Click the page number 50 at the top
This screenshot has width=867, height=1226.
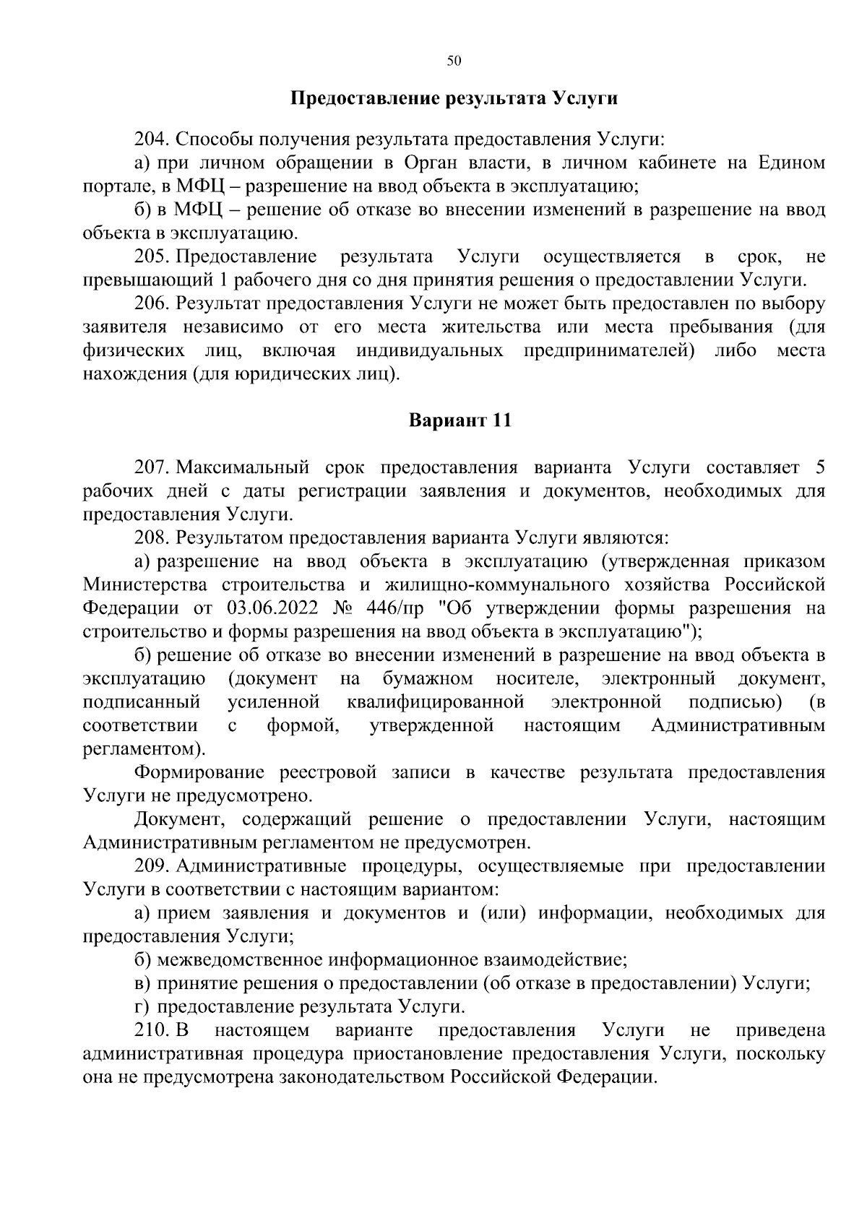coord(454,61)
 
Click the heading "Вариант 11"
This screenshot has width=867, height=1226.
coord(460,420)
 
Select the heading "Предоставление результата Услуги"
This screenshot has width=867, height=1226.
coord(454,98)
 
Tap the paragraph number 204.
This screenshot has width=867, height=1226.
coord(152,139)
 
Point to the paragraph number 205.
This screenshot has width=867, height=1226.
coord(152,256)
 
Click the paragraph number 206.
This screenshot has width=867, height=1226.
coord(152,303)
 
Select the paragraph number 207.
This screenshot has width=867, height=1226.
coord(152,467)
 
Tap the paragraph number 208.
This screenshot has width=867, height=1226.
coord(152,538)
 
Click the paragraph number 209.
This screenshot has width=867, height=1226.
coord(152,866)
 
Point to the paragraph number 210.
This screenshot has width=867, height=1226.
coord(152,1030)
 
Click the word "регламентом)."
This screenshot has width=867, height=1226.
coord(144,748)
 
